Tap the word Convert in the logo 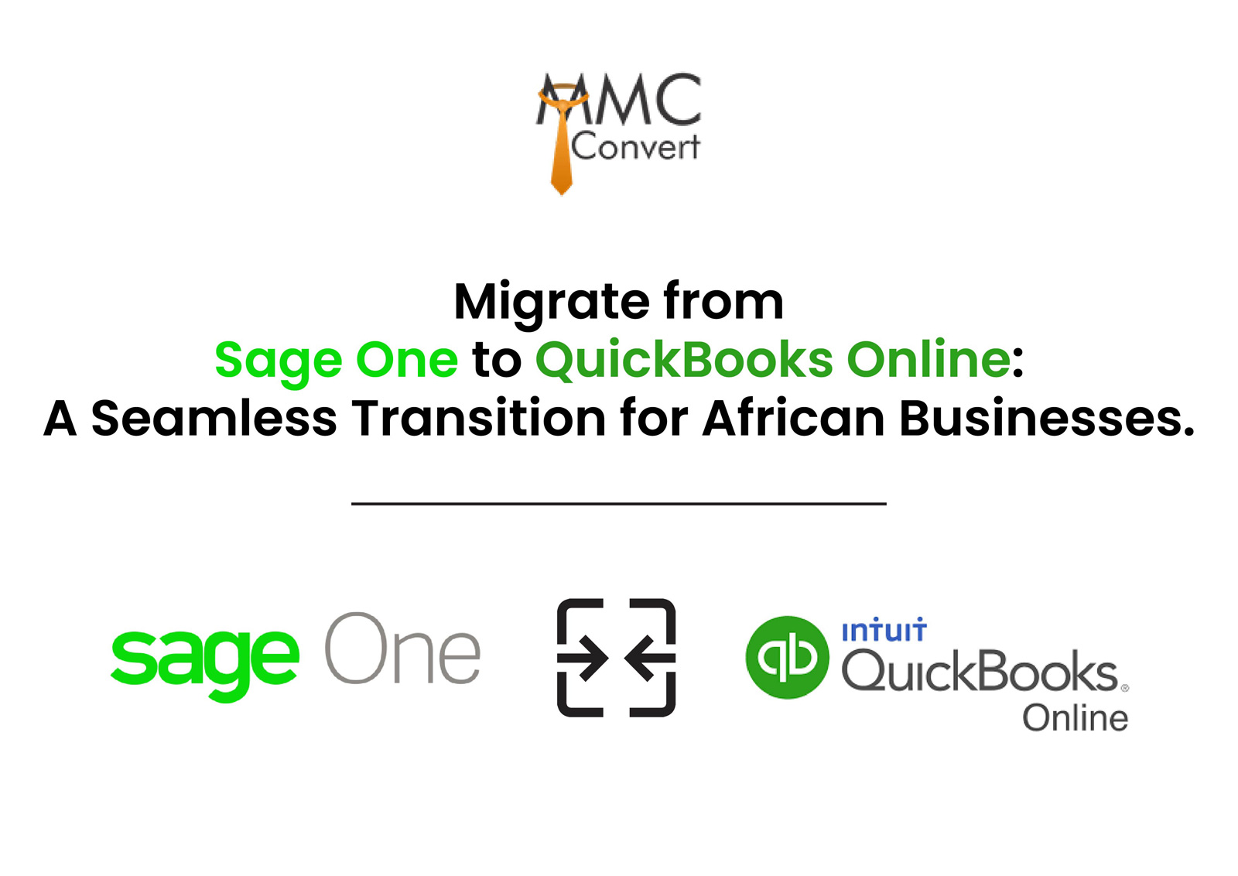click(x=635, y=147)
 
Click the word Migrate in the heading click(x=552, y=303)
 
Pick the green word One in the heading click(x=407, y=360)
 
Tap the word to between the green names click(x=497, y=361)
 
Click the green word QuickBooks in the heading click(x=684, y=361)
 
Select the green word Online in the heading click(x=929, y=358)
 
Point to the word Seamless click(x=214, y=418)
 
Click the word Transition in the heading click(x=479, y=417)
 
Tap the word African click(x=794, y=417)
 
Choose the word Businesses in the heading click(x=1047, y=417)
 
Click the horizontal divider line click(x=619, y=504)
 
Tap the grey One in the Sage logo click(x=403, y=648)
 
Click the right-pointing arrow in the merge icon click(x=583, y=659)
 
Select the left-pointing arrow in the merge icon click(x=650, y=659)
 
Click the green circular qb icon click(x=787, y=658)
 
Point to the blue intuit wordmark click(x=884, y=630)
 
